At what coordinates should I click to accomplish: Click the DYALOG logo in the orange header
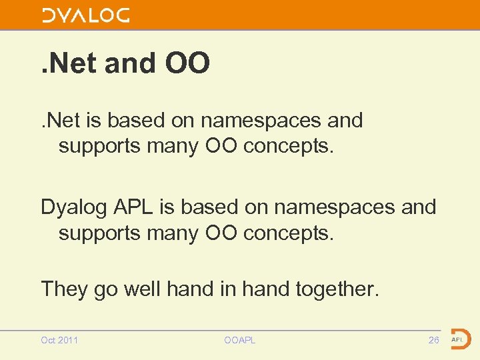click(86, 15)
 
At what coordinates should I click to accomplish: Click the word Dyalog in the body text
click(73, 207)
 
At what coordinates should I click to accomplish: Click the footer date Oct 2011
click(59, 340)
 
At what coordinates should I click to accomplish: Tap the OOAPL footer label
click(240, 340)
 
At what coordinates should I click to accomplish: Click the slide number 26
click(433, 340)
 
